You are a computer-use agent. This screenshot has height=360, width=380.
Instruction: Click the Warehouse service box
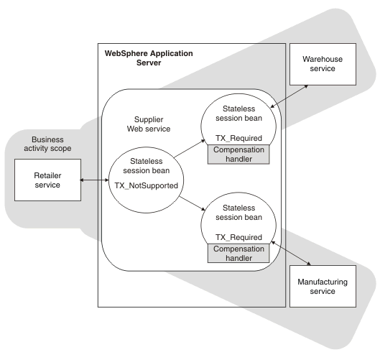323,64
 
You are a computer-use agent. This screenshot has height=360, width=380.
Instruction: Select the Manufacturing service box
323,286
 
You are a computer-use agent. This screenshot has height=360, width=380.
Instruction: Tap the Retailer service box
47,180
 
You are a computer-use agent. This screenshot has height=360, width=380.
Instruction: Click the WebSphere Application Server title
149,58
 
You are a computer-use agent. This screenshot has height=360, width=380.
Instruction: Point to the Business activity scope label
47,144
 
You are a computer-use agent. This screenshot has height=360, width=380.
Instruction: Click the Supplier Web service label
149,124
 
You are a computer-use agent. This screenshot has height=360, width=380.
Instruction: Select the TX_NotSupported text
146,185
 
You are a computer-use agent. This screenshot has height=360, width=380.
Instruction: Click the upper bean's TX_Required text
238,138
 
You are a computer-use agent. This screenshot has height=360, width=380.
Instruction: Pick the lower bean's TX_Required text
238,237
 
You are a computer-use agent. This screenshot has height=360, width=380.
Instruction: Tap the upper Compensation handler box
238,154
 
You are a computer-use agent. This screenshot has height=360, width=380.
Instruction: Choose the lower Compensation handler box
238,253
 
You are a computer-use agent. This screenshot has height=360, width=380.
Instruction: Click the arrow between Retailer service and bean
94,180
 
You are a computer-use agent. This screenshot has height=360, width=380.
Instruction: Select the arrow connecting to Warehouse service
289,96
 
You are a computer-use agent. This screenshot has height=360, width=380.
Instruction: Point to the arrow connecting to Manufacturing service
291,253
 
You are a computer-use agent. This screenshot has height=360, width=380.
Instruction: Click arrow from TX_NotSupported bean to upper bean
190,149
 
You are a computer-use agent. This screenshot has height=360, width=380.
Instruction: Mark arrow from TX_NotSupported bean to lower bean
193,203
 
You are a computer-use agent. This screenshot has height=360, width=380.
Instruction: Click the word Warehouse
323,59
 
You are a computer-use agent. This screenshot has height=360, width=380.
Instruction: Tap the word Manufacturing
323,282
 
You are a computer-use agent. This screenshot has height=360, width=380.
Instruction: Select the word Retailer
47,175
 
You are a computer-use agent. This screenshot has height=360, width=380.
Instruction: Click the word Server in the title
149,63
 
